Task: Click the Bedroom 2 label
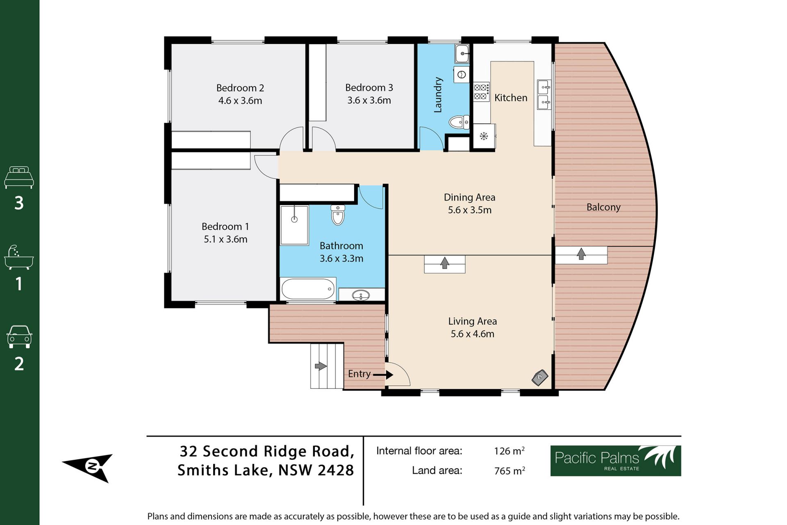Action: click(x=240, y=88)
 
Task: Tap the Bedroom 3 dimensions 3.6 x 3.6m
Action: click(x=369, y=100)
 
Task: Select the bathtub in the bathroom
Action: click(x=308, y=289)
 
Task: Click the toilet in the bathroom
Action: click(x=338, y=215)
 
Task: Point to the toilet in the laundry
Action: click(x=459, y=122)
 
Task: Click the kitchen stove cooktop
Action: click(x=481, y=92)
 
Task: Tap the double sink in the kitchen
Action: click(x=544, y=95)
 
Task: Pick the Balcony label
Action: click(x=603, y=207)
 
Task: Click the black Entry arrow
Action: click(x=383, y=374)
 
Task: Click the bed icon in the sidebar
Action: click(x=19, y=177)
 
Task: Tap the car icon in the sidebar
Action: click(x=19, y=337)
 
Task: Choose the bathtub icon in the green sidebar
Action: click(x=19, y=258)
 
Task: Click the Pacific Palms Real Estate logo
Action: click(x=616, y=461)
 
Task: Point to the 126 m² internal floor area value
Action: click(x=509, y=451)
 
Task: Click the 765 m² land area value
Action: click(x=510, y=470)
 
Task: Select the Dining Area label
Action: click(x=469, y=197)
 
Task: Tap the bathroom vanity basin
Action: click(x=361, y=295)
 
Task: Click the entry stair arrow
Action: click(x=321, y=366)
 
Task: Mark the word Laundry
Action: click(x=438, y=95)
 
